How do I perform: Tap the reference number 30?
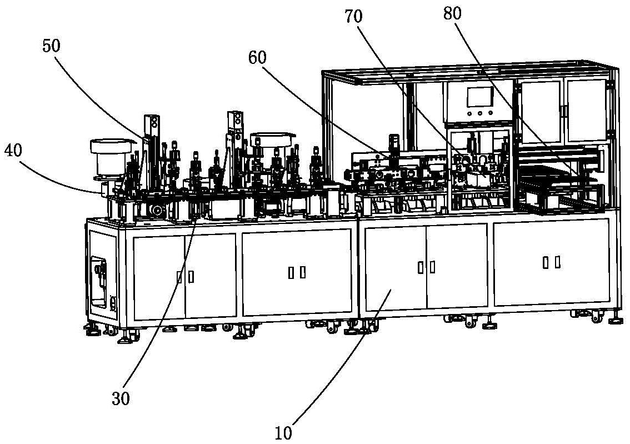121,398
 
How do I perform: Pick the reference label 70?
353,17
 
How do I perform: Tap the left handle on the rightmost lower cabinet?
546,262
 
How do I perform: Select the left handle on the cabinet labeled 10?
420,267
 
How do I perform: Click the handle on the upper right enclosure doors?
562,111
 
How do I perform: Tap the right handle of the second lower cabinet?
303,272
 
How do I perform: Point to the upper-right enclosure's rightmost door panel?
586,109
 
